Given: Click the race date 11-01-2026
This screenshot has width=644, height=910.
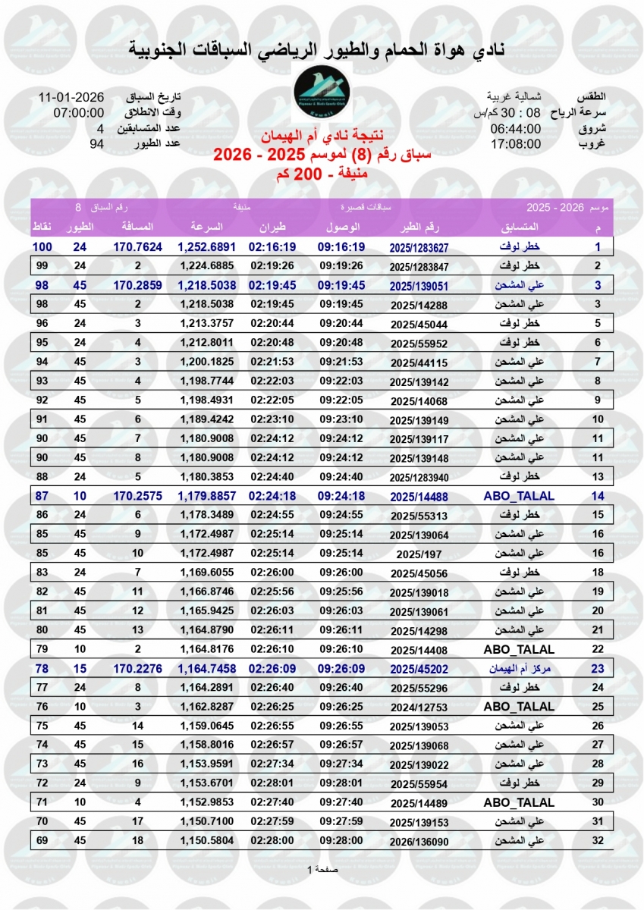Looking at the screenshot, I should [x=71, y=98].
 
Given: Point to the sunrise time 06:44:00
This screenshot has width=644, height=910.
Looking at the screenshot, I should [x=515, y=128].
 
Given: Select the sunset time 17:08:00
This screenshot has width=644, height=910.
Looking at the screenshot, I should [x=515, y=143].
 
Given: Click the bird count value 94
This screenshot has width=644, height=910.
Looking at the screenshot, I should [x=96, y=143].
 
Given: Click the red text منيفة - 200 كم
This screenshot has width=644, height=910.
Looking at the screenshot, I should [x=322, y=175].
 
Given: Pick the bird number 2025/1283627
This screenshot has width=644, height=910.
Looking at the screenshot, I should [x=419, y=247].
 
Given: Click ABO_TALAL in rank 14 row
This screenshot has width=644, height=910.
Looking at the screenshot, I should [x=519, y=497].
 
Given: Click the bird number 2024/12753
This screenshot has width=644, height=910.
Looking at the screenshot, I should [x=419, y=708].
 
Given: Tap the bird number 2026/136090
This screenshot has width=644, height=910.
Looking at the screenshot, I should [x=419, y=841].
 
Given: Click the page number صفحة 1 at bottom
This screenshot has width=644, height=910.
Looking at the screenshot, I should [x=322, y=870].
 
